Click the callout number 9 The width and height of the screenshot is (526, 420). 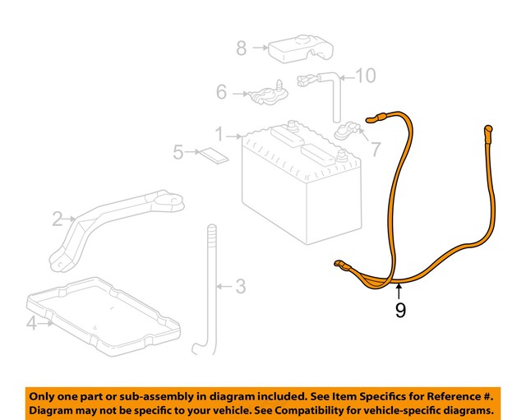point(400,311)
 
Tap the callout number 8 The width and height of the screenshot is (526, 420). point(242,48)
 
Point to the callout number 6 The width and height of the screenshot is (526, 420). point(222,93)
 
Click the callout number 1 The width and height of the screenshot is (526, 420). point(219,133)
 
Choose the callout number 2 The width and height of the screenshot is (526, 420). point(58,219)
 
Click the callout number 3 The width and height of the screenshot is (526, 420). point(240,286)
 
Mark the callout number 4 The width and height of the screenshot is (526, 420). point(31,323)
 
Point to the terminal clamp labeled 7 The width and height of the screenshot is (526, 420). point(348,132)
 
